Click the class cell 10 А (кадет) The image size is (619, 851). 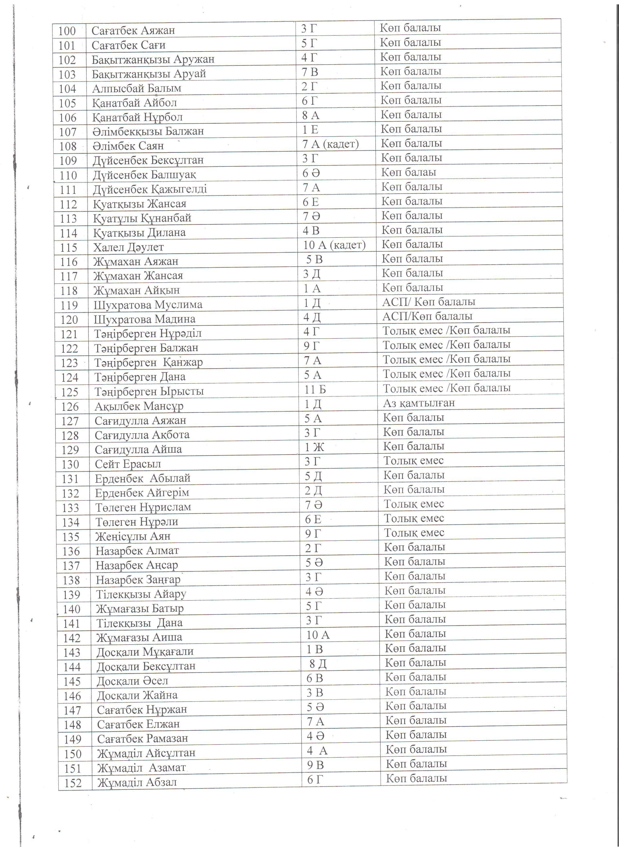pos(334,245)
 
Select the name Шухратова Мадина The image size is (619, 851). pos(144,319)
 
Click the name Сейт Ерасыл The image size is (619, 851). pos(128,464)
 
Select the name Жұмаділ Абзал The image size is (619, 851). pos(137,782)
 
